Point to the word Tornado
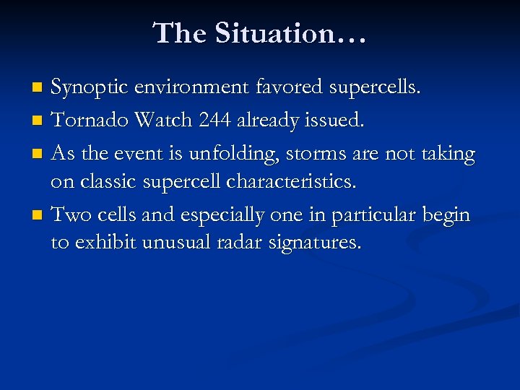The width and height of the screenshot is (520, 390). [87, 121]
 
